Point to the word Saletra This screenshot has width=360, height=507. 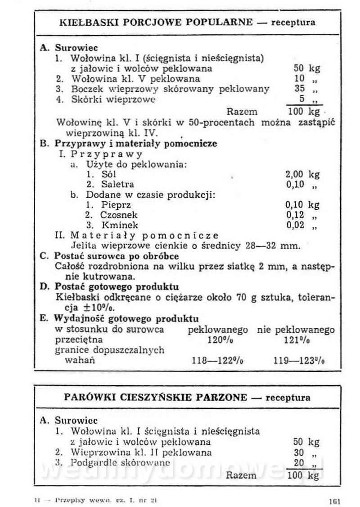point(117,184)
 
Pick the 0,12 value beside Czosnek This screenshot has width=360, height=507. point(295,215)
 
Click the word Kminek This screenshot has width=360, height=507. point(120,225)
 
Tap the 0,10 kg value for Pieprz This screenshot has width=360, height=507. point(302,205)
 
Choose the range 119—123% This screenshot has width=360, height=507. point(299,360)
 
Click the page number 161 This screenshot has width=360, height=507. point(334,499)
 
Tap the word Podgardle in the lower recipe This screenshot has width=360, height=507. point(91,462)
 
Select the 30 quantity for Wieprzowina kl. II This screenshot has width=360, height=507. point(299,453)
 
